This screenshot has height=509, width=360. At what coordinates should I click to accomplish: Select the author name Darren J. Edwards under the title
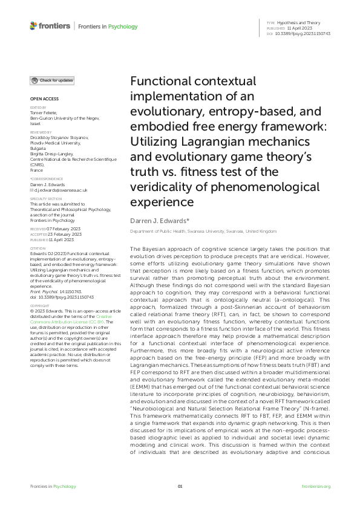[x=155, y=221]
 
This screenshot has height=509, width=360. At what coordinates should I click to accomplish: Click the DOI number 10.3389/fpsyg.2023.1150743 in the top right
[x=303, y=33]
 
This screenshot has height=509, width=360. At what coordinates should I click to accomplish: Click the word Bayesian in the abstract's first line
[x=154, y=249]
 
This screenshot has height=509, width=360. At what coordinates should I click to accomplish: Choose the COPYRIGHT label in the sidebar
[x=39, y=306]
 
